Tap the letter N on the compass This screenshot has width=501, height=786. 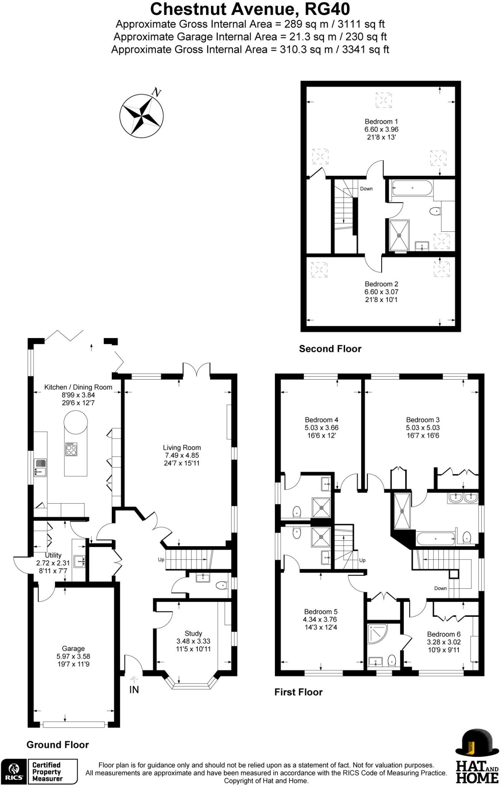(x=156, y=92)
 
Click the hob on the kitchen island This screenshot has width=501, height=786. (x=71, y=449)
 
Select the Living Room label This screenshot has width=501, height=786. (x=182, y=447)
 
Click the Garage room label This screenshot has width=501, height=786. (x=73, y=649)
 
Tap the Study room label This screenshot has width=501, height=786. (x=193, y=633)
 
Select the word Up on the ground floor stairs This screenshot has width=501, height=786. (x=161, y=560)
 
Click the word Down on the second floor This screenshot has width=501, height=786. (x=366, y=189)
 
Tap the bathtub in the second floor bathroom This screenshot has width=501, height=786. (x=412, y=188)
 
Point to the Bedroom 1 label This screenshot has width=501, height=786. (x=381, y=122)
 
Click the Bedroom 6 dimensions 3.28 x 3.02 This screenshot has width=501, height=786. (x=443, y=642)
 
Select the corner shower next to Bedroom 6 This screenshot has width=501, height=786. (x=377, y=633)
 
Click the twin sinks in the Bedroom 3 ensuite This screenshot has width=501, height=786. (x=463, y=498)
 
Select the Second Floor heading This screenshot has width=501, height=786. (x=330, y=349)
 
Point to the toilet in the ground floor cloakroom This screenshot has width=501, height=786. (x=222, y=586)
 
